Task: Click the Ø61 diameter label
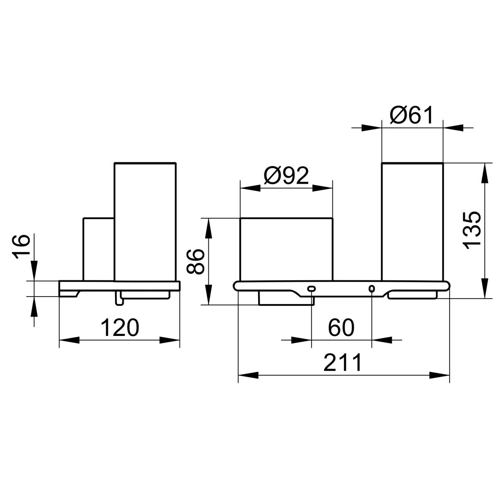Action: pyautogui.click(x=411, y=115)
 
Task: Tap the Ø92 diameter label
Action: pyautogui.click(x=286, y=176)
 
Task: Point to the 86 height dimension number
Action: pyautogui.click(x=195, y=261)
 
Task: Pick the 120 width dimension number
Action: pyautogui.click(x=120, y=328)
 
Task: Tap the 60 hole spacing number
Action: pyautogui.click(x=341, y=328)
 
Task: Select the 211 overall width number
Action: pyautogui.click(x=343, y=362)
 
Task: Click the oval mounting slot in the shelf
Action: pyautogui.click(x=312, y=288)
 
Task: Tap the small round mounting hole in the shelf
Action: pyautogui.click(x=372, y=288)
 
